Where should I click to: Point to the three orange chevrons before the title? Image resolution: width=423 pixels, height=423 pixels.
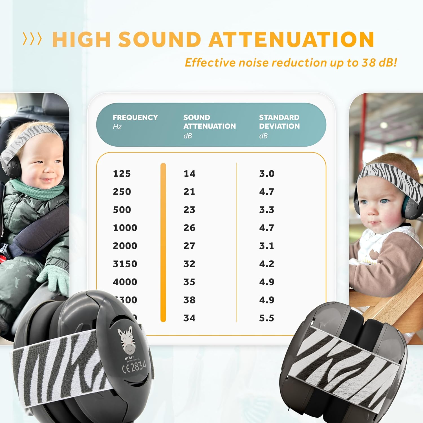(x=32, y=39)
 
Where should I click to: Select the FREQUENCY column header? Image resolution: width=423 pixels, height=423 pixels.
(x=135, y=118)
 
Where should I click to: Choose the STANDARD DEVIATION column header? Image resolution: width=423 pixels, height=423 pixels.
(x=279, y=122)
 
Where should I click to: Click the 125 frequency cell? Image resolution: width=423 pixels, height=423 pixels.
(x=122, y=174)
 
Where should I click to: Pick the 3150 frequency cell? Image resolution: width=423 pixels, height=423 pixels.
(x=125, y=264)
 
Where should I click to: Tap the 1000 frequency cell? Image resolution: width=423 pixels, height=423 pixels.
(x=125, y=228)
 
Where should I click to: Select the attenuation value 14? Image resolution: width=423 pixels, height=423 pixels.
(x=189, y=174)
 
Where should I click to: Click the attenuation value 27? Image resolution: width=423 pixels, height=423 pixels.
(x=189, y=246)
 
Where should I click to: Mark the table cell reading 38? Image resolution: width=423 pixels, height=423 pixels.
(x=189, y=300)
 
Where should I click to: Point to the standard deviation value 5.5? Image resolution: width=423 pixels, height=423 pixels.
(x=266, y=318)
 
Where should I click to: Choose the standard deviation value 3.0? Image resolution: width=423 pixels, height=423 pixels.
(x=266, y=174)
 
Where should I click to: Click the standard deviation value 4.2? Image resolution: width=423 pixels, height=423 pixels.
(x=266, y=264)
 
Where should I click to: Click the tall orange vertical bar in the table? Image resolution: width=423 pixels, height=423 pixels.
(x=163, y=243)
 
